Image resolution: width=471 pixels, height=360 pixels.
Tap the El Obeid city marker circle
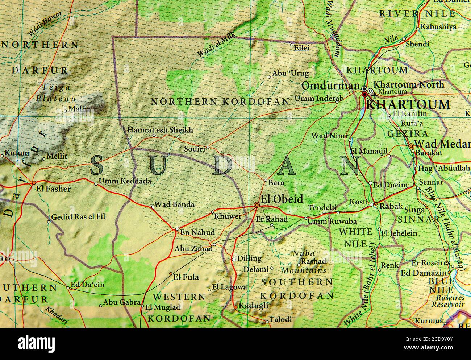(257, 205)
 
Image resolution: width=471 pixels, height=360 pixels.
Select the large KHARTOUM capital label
(408, 105)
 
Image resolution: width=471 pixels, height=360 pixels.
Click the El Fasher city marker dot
(34, 183)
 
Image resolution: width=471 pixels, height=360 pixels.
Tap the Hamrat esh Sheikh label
(160, 130)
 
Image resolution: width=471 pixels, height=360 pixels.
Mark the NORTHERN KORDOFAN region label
(220, 102)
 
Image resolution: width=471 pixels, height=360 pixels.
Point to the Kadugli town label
(253, 306)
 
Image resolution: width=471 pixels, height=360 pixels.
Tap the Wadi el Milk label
(216, 44)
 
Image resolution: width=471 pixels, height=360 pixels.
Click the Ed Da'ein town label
(87, 285)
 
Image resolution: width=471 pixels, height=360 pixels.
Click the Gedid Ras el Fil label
(78, 217)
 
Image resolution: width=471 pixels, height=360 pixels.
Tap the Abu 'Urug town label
(290, 74)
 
